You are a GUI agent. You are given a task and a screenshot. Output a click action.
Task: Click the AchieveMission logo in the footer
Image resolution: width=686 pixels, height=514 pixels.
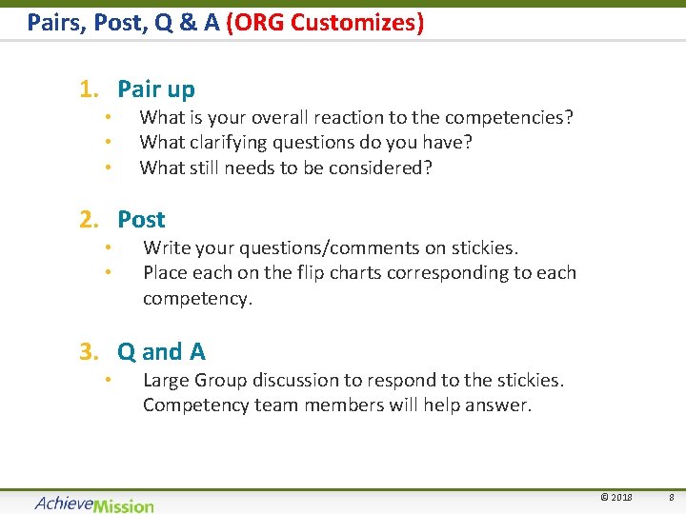pyautogui.click(x=94, y=504)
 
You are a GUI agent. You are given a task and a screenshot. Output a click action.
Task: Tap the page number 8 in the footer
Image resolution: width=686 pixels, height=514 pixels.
pyautogui.click(x=671, y=498)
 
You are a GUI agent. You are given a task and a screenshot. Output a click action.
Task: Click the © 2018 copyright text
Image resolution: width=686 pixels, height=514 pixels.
pyautogui.click(x=615, y=498)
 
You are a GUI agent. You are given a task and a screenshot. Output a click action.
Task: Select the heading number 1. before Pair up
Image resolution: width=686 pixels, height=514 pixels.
pyautogui.click(x=90, y=89)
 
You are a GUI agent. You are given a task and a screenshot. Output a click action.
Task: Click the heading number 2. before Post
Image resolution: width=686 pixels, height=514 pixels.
pyautogui.click(x=90, y=219)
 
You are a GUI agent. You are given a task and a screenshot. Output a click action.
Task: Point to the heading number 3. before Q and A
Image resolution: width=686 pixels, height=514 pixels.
pyautogui.click(x=90, y=352)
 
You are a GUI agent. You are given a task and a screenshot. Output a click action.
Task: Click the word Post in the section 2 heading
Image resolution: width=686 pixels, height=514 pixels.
pyautogui.click(x=141, y=219)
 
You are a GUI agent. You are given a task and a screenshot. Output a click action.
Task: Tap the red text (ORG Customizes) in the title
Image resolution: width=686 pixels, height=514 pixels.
pyautogui.click(x=325, y=21)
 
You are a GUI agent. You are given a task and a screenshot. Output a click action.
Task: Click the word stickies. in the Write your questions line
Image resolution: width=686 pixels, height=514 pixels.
pyautogui.click(x=485, y=248)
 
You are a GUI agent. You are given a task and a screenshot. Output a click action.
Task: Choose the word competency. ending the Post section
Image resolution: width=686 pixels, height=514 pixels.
pyautogui.click(x=197, y=298)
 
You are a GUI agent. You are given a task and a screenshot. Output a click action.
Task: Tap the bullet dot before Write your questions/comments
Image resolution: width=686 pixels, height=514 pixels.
pyautogui.click(x=110, y=248)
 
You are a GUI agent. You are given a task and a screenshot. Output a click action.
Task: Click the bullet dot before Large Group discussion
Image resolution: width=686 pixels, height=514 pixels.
pyautogui.click(x=110, y=381)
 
